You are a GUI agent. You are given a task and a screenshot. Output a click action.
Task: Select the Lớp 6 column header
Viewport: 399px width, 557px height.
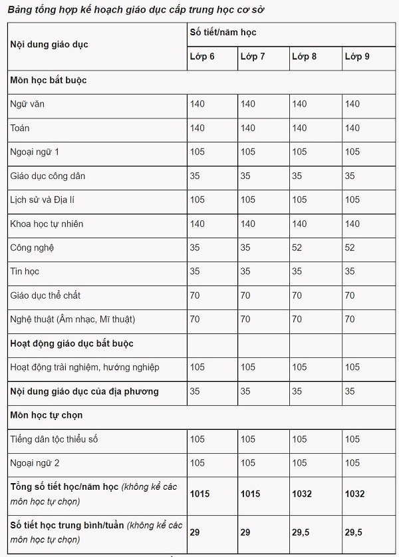pyautogui.click(x=202, y=56)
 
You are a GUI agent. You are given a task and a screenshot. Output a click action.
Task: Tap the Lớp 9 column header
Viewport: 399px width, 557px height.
pyautogui.click(x=357, y=56)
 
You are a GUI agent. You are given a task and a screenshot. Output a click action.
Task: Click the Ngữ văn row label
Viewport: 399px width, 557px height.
pyautogui.click(x=28, y=104)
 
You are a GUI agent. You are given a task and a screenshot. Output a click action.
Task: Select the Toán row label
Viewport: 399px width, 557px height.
pyautogui.click(x=20, y=128)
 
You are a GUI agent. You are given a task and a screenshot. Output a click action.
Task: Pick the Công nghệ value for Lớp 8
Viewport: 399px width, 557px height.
pyautogui.click(x=297, y=248)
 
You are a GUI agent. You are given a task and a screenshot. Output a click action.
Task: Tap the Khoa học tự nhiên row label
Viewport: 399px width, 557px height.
pyautogui.click(x=47, y=224)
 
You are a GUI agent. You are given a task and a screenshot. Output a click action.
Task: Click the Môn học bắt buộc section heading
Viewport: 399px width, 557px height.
pyautogui.click(x=49, y=80)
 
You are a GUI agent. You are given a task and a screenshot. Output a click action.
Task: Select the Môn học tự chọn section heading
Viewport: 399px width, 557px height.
pyautogui.click(x=46, y=415)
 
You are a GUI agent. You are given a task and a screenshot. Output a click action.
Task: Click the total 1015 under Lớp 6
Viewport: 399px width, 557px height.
pyautogui.click(x=201, y=493)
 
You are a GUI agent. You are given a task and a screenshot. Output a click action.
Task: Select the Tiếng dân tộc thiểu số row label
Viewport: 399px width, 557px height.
pyautogui.click(x=55, y=439)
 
